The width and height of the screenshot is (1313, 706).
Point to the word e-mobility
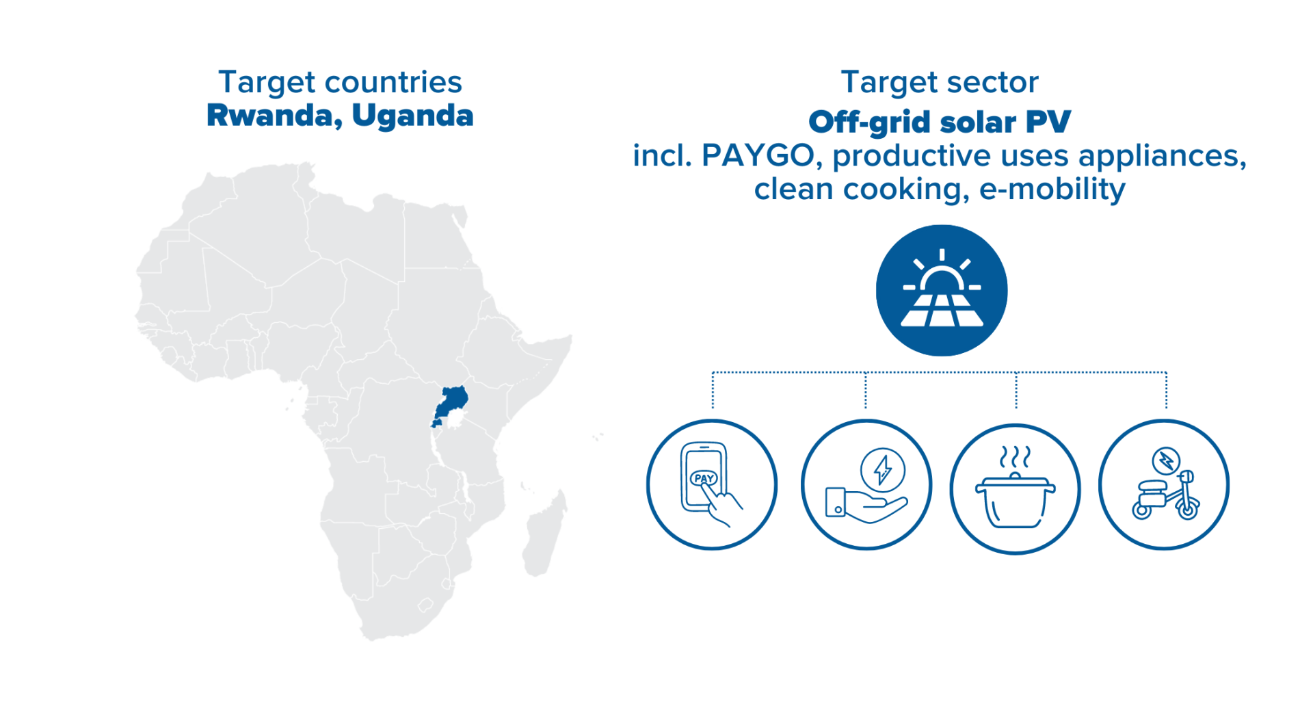[x=1052, y=189]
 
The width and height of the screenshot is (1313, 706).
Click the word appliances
[x=1163, y=157]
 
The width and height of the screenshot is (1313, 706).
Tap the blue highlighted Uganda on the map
[x=452, y=404]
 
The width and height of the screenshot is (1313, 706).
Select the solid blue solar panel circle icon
[x=942, y=291]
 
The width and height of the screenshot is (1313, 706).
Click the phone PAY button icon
[x=712, y=484]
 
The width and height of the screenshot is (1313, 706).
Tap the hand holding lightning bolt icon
[x=866, y=484]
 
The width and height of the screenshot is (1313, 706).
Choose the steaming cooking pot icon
[x=1016, y=488]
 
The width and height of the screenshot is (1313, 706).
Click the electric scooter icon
[x=1164, y=484]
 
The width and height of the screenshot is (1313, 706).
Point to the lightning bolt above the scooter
[x=1166, y=460]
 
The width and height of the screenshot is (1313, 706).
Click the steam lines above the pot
[x=1016, y=456]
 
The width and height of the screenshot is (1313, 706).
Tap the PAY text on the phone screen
[x=704, y=478]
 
